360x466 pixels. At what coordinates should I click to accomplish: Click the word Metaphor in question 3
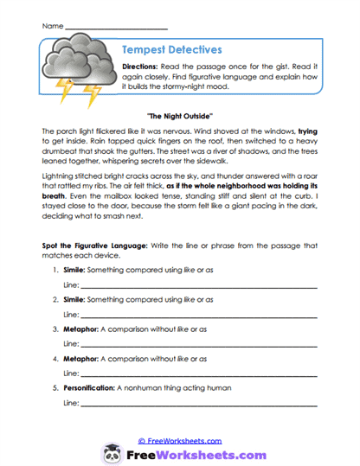[84, 330]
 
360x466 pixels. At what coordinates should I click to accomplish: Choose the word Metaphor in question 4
[84, 360]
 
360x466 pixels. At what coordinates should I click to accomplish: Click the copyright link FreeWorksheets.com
[180, 440]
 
